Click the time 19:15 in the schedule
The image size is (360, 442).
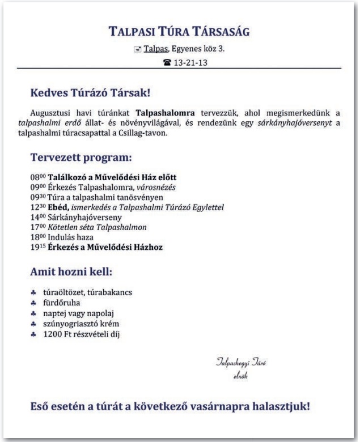pos(37,247)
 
